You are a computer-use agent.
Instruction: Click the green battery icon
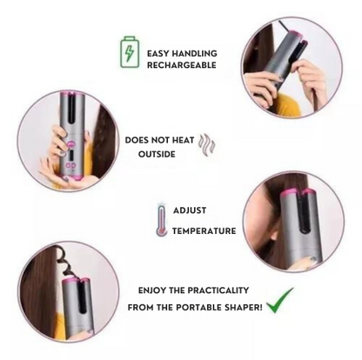[x=130, y=52]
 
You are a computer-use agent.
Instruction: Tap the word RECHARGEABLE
[x=182, y=65]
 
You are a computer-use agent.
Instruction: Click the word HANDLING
[x=194, y=53]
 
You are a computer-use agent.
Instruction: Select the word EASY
[x=158, y=53]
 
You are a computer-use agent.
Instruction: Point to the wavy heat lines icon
[x=207, y=145]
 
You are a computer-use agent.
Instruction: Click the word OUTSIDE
[x=157, y=154]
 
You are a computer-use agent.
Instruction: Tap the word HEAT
[x=183, y=140]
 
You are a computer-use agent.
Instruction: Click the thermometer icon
[x=162, y=220]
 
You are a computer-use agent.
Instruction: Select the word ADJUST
[x=190, y=210]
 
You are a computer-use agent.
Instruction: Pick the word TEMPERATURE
[x=204, y=230]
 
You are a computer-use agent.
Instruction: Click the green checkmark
[x=279, y=300]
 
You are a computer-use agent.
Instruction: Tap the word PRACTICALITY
[x=218, y=290]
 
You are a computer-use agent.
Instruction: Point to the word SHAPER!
[x=245, y=307]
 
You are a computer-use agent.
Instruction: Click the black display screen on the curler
[x=71, y=157]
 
